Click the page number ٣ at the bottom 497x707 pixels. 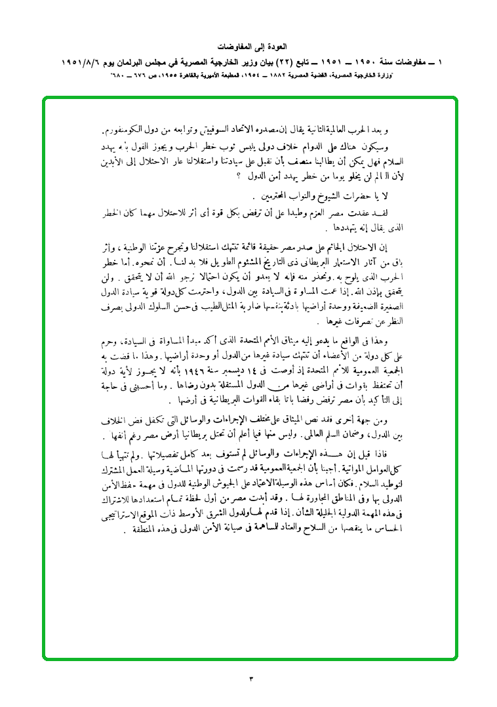250,677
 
